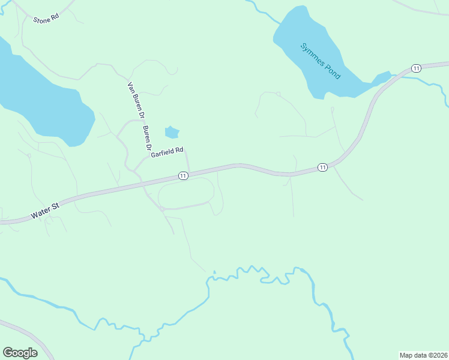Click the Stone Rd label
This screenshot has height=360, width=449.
[46, 18]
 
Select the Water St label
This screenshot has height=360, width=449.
[46, 209]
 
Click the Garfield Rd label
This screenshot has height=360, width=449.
[167, 154]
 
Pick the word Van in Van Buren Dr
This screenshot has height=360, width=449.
[131, 88]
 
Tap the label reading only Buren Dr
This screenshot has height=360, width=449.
[146, 138]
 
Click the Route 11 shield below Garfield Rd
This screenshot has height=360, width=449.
[183, 175]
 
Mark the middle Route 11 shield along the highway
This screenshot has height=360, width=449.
[322, 167]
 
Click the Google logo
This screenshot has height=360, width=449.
[20, 353]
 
